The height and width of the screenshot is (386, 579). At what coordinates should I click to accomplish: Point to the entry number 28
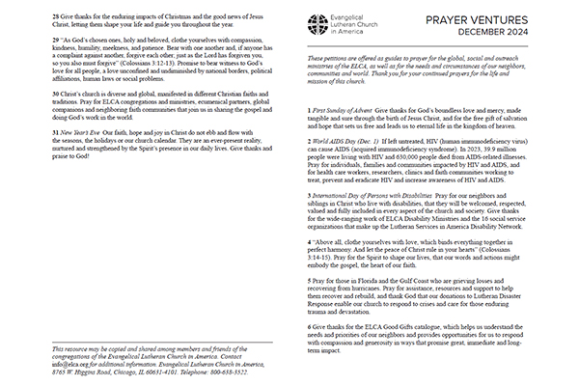(x=32, y=17)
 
